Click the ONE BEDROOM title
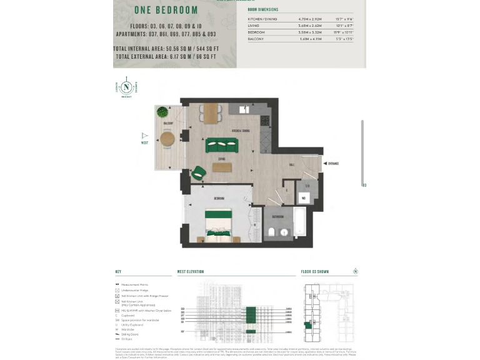click(166, 10)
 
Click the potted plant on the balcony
click(162, 112)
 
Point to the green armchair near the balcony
click(198, 172)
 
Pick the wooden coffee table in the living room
click(221, 167)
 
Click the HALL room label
click(291, 164)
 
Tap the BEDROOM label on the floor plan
click(219, 198)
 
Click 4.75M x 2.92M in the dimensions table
click(309, 19)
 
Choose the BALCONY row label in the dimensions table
click(256, 39)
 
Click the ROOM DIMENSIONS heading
click(263, 10)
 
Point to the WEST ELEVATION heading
click(191, 272)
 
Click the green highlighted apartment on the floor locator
click(307, 324)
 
